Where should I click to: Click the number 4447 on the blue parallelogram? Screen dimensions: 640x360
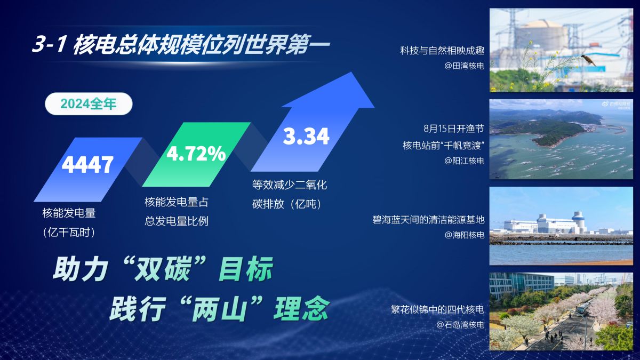(x=87, y=165)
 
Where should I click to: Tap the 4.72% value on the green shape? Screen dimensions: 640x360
(x=196, y=154)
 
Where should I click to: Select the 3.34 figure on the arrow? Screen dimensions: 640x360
(x=306, y=137)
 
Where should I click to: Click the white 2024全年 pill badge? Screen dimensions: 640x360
(x=89, y=103)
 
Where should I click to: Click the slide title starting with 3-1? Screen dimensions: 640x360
(x=181, y=44)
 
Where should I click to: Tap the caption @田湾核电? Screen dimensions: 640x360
(x=465, y=66)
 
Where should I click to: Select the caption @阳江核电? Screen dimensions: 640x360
(x=465, y=161)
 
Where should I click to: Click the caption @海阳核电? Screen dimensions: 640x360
(x=465, y=235)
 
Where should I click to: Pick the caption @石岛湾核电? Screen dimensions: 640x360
(x=460, y=325)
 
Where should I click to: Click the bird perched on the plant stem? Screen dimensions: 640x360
(x=589, y=60)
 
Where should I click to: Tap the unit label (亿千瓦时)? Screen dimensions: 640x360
(x=69, y=233)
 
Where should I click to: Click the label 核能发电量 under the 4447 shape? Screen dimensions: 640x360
(x=69, y=213)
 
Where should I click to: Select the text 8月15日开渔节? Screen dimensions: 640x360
(x=454, y=129)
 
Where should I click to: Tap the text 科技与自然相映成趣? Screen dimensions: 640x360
(x=442, y=51)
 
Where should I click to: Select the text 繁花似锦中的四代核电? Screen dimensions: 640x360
(x=438, y=309)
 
